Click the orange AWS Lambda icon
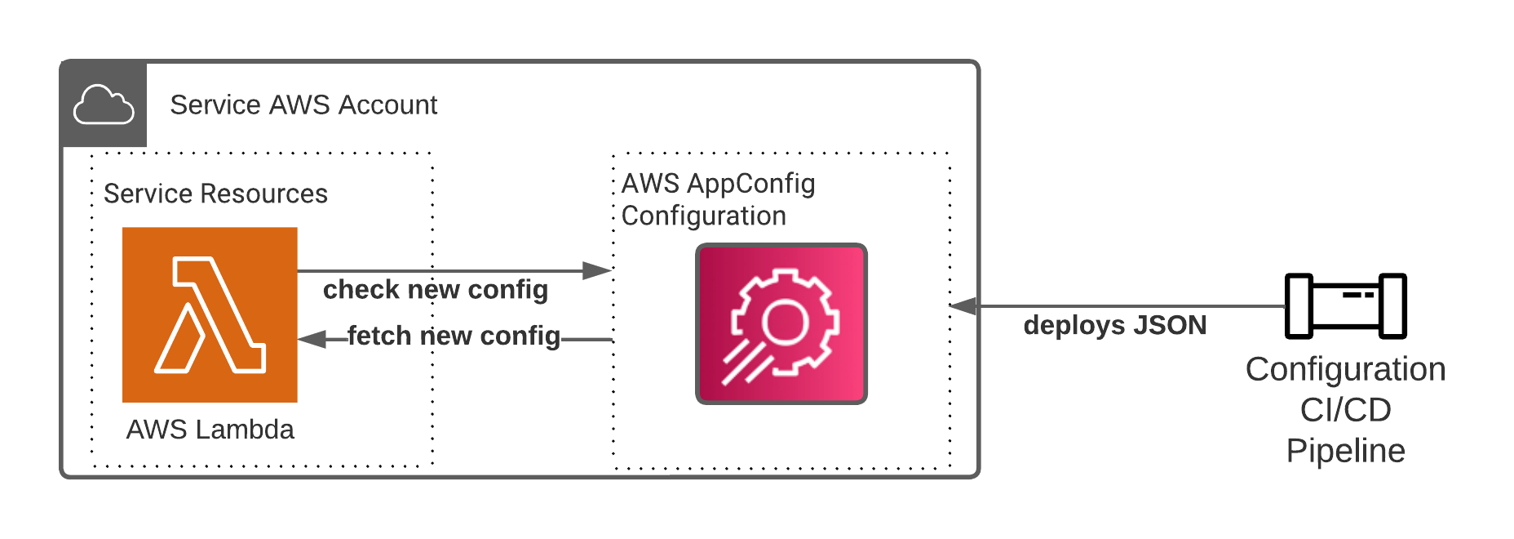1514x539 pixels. point(210,314)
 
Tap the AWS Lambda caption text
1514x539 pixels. point(210,430)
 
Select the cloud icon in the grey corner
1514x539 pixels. point(104,105)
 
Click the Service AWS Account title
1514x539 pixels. point(303,105)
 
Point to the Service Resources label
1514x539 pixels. point(215,194)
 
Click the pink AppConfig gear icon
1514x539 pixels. point(781,323)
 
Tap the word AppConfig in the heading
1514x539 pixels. point(751,184)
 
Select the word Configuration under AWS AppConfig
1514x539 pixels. point(703,216)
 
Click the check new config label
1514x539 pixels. point(436,290)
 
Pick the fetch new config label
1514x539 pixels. point(454,336)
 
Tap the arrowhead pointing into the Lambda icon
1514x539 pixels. point(312,339)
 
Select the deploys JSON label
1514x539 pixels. point(1114,325)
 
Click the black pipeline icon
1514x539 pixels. point(1345,306)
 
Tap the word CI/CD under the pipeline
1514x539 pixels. point(1345,410)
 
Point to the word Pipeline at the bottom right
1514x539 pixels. point(1345,451)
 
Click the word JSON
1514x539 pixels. point(1169,325)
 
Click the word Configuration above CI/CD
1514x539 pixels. point(1345,369)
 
